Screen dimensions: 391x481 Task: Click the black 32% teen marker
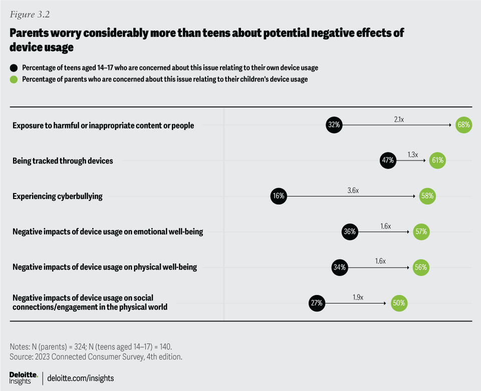coord(334,125)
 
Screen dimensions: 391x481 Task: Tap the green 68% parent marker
coord(463,125)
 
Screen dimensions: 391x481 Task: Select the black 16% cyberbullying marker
coord(279,196)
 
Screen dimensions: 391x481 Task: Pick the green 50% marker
coord(399,302)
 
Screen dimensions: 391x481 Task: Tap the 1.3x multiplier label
coord(412,155)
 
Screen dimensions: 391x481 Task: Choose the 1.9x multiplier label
coord(357,297)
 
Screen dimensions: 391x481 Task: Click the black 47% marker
coord(388,160)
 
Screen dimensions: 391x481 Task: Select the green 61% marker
coord(437,160)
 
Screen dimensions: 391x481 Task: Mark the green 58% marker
coord(427,196)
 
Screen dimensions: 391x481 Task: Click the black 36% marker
coord(350,231)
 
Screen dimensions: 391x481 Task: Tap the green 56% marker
coord(420,267)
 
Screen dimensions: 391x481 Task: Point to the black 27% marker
coord(317,302)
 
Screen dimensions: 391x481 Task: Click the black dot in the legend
coord(13,67)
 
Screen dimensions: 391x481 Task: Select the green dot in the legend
coord(13,79)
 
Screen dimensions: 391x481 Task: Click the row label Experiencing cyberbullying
coord(58,196)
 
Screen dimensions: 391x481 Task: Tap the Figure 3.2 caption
coord(28,14)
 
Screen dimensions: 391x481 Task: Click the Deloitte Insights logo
coord(24,378)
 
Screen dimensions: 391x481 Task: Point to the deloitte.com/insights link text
coord(80,378)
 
